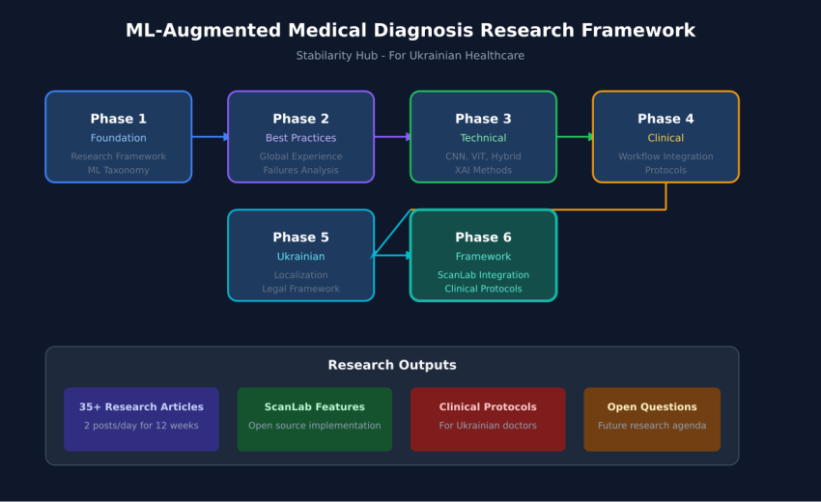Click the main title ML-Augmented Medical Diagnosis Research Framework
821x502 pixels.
pyautogui.click(x=410, y=31)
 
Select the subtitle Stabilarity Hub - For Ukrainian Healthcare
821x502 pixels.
pyautogui.click(x=410, y=56)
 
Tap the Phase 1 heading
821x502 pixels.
pyautogui.click(x=118, y=119)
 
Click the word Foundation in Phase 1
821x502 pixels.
pyautogui.click(x=118, y=138)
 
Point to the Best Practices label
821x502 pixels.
pyautogui.click(x=300, y=138)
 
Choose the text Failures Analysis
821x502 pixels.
pyautogui.click(x=300, y=170)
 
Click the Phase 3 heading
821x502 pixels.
pyautogui.click(x=483, y=119)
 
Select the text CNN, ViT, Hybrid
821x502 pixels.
pyautogui.click(x=483, y=156)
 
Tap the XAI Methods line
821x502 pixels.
pyautogui.click(x=483, y=170)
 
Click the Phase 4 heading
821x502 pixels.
pyautogui.click(x=665, y=119)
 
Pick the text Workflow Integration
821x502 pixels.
pyautogui.click(x=665, y=156)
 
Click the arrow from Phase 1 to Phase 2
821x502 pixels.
pyautogui.click(x=210, y=137)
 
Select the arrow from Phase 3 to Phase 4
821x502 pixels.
pyautogui.click(x=575, y=137)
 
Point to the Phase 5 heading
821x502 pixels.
pyautogui.click(x=300, y=237)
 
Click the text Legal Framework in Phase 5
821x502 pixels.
pyautogui.click(x=300, y=289)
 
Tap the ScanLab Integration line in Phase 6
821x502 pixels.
pyautogui.click(x=483, y=275)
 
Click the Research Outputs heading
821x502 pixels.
pyautogui.click(x=391, y=365)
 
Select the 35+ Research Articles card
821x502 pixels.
pyautogui.click(x=141, y=419)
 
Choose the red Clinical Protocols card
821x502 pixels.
pyautogui.click(x=488, y=419)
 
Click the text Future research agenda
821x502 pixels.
pyautogui.click(x=652, y=426)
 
